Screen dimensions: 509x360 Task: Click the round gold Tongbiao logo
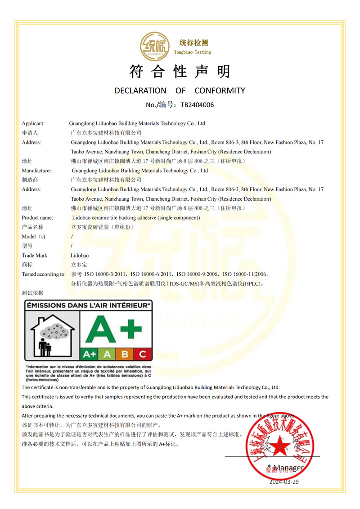(154, 46)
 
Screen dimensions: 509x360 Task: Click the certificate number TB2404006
(197, 105)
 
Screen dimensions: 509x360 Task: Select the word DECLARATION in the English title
(140, 90)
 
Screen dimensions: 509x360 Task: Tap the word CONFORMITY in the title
(220, 90)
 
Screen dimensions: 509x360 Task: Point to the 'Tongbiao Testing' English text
(193, 52)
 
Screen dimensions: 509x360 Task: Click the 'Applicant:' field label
(33, 123)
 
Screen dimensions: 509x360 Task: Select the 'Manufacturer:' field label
(37, 171)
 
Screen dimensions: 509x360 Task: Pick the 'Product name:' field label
(37, 218)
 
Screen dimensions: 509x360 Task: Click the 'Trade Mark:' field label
(35, 255)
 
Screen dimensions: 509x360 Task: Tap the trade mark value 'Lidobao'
(80, 255)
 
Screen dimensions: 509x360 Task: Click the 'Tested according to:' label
(44, 274)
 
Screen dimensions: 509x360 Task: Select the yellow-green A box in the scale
(107, 354)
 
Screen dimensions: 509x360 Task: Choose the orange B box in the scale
(125, 354)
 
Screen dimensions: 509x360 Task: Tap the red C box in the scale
(143, 354)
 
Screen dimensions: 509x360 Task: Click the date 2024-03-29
(284, 482)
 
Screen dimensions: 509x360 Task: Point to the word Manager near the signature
(288, 468)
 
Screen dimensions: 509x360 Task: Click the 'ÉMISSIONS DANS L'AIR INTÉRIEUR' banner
(88, 306)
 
